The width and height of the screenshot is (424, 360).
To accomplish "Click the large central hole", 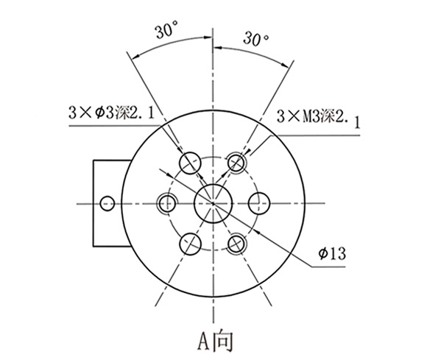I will click(x=213, y=201).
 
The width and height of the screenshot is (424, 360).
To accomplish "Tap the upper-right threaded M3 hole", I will click(x=236, y=161).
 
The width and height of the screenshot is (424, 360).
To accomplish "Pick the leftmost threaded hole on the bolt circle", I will click(x=167, y=202).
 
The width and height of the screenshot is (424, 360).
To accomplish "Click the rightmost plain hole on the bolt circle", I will click(x=259, y=202).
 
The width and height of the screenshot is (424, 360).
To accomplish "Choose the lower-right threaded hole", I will click(x=236, y=242).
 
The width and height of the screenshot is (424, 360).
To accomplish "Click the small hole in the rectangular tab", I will click(x=107, y=202).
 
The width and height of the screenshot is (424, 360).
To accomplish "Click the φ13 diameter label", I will click(x=332, y=253).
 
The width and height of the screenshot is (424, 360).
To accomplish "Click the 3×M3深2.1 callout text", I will click(x=318, y=117).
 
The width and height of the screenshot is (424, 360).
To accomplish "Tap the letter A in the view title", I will click(x=204, y=340).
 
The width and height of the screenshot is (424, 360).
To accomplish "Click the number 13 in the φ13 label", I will click(x=337, y=253).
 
